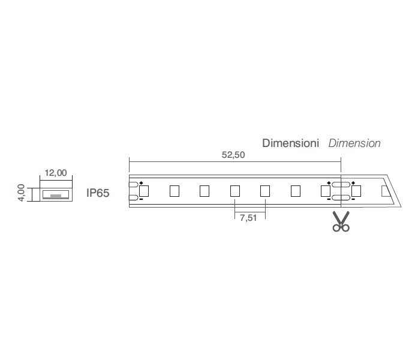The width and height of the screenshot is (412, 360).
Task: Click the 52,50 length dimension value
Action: (x=233, y=155)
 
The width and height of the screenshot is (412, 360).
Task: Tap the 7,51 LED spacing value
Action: (x=248, y=218)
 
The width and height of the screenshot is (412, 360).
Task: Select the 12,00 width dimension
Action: (x=56, y=173)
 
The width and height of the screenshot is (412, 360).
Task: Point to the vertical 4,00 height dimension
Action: (x=22, y=193)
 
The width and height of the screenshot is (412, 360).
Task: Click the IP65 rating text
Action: (x=98, y=193)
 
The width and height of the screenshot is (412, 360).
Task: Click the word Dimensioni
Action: (x=291, y=143)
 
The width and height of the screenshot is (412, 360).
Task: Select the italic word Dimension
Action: (x=354, y=143)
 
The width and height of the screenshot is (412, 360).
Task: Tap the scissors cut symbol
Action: (x=341, y=221)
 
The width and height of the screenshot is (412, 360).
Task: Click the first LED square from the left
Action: (x=144, y=191)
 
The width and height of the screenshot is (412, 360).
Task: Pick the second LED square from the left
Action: (x=175, y=191)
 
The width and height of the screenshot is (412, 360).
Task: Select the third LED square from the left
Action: (x=205, y=191)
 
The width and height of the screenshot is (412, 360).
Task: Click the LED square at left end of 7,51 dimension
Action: (x=235, y=191)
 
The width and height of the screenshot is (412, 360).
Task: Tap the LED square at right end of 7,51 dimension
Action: (x=265, y=191)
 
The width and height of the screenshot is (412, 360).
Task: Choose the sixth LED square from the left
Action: (x=296, y=191)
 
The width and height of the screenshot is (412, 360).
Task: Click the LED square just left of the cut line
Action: (x=326, y=191)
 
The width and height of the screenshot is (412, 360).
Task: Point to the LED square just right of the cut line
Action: (x=356, y=191)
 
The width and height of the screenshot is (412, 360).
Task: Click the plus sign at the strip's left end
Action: (x=141, y=183)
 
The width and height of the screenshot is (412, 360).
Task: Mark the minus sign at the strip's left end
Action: (x=141, y=199)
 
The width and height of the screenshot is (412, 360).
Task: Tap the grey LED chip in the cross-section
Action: (x=56, y=196)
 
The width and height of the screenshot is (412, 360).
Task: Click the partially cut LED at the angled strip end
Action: (x=385, y=191)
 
